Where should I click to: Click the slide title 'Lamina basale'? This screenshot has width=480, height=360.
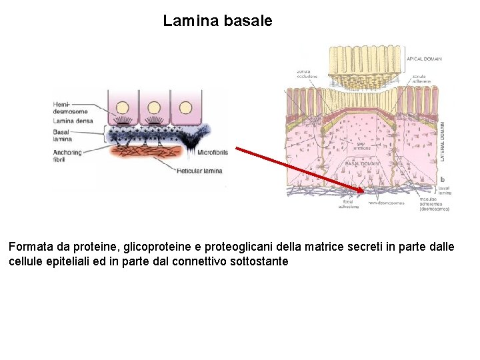[x=217, y=21]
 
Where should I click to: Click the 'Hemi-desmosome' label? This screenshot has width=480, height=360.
[x=69, y=107]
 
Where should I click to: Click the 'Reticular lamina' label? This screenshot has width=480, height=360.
[x=199, y=171]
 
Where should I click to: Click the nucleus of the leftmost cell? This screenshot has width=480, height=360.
[x=123, y=107]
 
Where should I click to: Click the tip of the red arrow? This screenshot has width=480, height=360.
[x=365, y=192]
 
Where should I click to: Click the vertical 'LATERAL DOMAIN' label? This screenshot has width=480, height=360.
[x=443, y=141]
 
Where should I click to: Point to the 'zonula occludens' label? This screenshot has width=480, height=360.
[x=307, y=73]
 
